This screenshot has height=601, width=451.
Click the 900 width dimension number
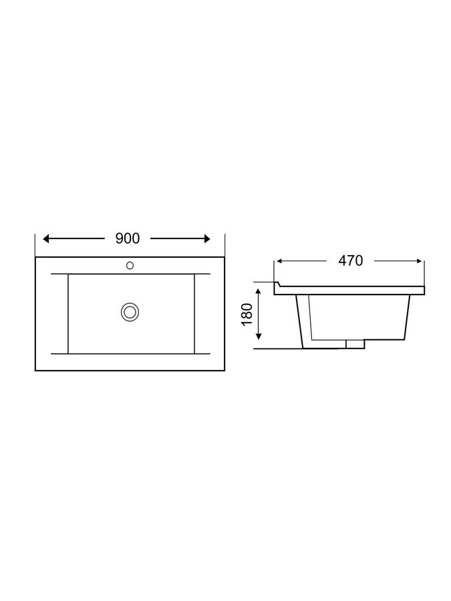pyautogui.click(x=128, y=238)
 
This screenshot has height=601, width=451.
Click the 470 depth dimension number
pyautogui.click(x=351, y=260)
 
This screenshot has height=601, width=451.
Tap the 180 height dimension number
pyautogui.click(x=247, y=315)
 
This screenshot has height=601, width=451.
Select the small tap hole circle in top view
pyautogui.click(x=130, y=265)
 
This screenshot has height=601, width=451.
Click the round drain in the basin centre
pyautogui.click(x=130, y=311)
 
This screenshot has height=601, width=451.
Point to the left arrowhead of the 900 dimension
pyautogui.click(x=46, y=239)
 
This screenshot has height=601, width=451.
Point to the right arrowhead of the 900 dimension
pyautogui.click(x=207, y=239)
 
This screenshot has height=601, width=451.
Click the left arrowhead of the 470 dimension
pyautogui.click(x=279, y=261)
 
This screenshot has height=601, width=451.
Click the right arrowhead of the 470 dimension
pyautogui.click(x=419, y=261)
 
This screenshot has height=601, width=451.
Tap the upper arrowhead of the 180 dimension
pyautogui.click(x=259, y=292)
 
